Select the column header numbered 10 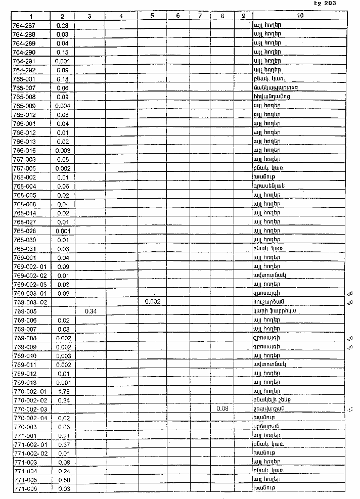click(300, 16)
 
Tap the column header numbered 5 click(152, 16)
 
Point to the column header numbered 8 click(223, 16)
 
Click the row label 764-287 click(23, 25)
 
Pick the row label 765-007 click(23, 88)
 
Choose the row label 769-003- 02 click(30, 302)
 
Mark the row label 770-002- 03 click(30, 409)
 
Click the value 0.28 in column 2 click(63, 25)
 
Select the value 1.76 click(63, 391)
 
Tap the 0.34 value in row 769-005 click(91, 311)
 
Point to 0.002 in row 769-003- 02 click(152, 302)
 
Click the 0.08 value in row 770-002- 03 click(223, 409)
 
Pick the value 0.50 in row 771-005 click(63, 480)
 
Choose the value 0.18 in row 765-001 click(63, 79)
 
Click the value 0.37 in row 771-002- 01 click(63, 444)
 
